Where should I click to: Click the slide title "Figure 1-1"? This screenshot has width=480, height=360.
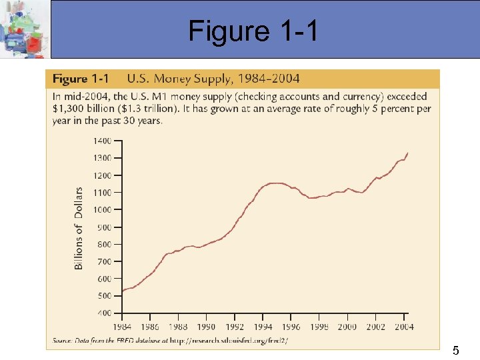tap(253, 31)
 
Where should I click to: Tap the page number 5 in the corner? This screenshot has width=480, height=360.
tap(456, 350)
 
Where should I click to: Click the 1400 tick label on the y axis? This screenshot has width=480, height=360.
tap(102, 141)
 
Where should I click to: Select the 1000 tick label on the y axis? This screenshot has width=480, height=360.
tap(102, 209)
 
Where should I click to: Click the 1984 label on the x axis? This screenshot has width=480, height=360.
tap(123, 327)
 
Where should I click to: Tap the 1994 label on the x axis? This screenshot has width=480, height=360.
tap(263, 327)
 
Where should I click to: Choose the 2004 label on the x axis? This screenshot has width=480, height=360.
tap(403, 327)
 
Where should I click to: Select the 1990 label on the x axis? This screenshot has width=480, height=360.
tap(207, 327)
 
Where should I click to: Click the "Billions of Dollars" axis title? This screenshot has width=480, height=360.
tap(79, 228)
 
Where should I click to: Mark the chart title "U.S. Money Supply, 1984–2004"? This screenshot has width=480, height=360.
tap(213, 79)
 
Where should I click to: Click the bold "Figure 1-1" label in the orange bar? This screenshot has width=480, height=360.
tap(81, 79)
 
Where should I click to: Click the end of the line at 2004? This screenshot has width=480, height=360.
tap(407, 153)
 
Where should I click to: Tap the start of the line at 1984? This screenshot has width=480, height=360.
tap(123, 291)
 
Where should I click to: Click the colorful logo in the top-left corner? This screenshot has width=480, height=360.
tap(25, 29)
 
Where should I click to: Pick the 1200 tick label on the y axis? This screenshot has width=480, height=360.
tap(102, 175)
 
